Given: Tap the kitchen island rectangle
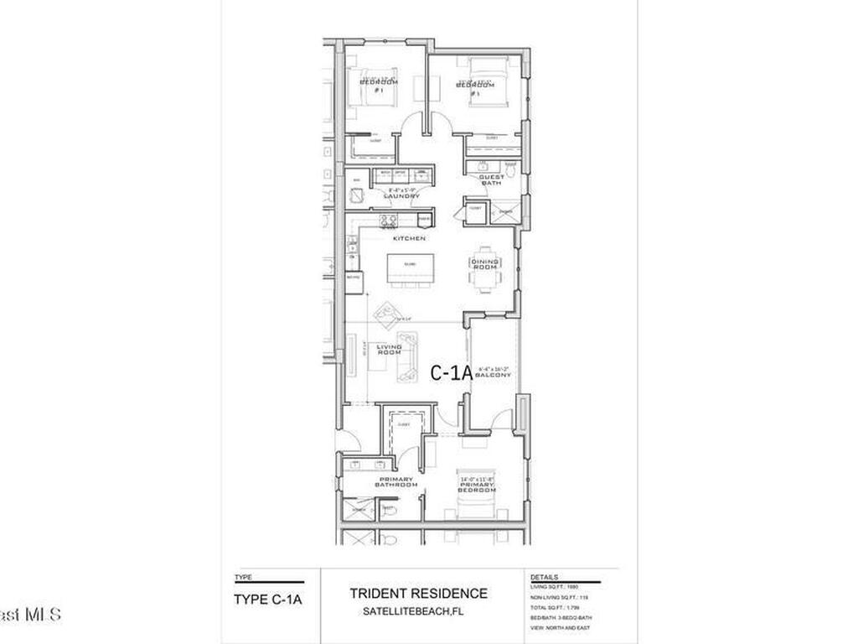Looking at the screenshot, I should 406,268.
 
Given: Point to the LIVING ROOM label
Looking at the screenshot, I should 390,349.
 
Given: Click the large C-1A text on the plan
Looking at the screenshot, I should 451,373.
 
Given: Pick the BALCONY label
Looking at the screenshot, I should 494,375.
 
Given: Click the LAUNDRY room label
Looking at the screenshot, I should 401,195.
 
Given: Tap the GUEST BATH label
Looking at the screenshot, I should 491,179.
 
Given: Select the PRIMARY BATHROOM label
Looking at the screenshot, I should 395,482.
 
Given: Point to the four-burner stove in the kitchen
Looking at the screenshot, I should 388,221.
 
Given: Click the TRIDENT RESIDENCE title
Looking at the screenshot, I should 418,594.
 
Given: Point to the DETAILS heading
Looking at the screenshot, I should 545,578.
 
